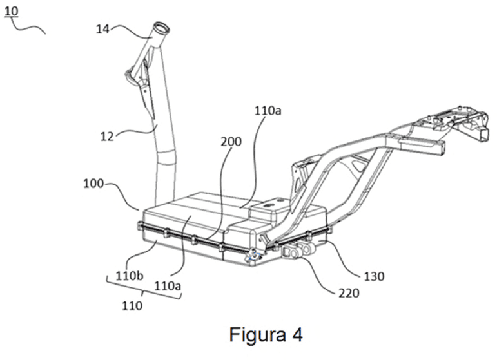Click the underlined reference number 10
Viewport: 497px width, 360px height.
(x=12, y=11)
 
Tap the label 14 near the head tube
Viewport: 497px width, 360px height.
(x=102, y=29)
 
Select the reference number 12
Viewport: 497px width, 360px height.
(x=107, y=137)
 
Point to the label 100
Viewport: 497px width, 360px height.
(x=93, y=184)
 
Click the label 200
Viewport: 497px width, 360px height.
(x=231, y=142)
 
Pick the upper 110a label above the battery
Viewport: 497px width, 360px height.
(x=268, y=111)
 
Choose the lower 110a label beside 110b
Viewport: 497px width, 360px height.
(x=168, y=286)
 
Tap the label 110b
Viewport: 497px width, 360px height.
(x=130, y=276)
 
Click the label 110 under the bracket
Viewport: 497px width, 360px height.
(x=132, y=305)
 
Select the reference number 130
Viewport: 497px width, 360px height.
(x=375, y=276)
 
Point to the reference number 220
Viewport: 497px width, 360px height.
(x=349, y=293)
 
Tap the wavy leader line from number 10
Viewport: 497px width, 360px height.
(x=28, y=28)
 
